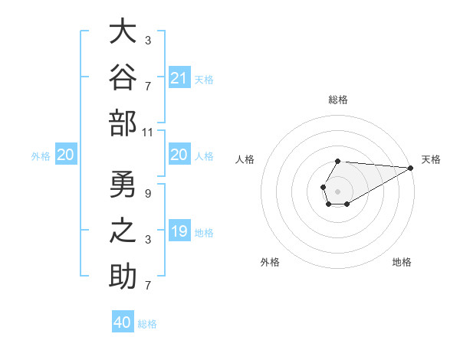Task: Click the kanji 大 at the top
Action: tap(123, 31)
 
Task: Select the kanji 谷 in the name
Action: tap(123, 77)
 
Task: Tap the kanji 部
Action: tap(123, 123)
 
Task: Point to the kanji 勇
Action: tap(123, 184)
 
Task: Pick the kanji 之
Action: tap(123, 231)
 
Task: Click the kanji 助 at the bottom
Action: tap(123, 277)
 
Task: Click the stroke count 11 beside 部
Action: tap(147, 133)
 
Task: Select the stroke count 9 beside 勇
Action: tap(148, 194)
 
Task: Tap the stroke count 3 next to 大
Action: tap(148, 41)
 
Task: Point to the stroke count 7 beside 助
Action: tap(148, 285)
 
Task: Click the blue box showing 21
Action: tap(179, 77)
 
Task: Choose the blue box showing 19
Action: tap(179, 230)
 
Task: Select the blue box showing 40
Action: tap(123, 321)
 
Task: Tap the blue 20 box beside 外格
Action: tap(66, 154)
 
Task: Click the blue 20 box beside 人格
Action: tap(179, 154)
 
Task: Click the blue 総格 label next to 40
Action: tap(147, 324)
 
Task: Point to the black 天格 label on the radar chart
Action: tap(431, 159)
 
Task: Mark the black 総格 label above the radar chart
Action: tap(338, 100)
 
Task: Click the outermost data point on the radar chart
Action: tap(411, 168)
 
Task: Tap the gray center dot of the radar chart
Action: tap(337, 191)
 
